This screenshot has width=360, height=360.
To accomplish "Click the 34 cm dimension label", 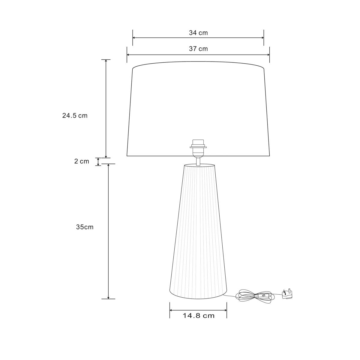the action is [198, 33].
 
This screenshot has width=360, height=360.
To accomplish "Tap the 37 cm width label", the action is [198, 49].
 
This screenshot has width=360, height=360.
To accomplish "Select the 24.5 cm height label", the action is [75, 115].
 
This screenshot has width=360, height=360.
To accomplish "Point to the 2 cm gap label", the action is [82, 161].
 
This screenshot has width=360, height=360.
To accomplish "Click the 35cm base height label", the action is [85, 227].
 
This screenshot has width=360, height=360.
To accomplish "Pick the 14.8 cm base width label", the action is [198, 316].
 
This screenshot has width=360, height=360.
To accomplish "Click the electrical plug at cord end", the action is [287, 295].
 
